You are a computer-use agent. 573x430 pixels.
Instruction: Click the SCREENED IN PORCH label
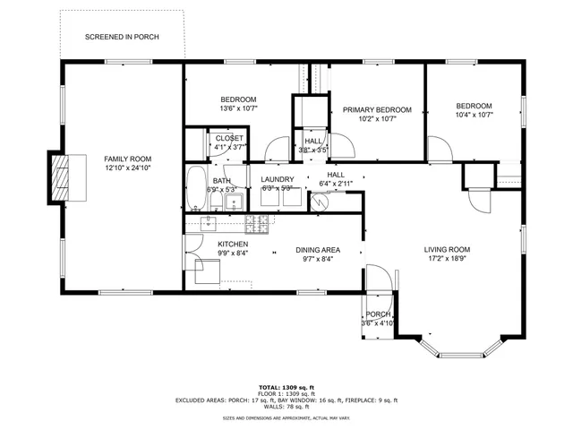tap(122, 38)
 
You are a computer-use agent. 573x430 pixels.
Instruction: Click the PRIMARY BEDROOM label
tap(376, 109)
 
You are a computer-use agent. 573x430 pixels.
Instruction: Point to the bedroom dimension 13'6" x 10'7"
tap(238, 108)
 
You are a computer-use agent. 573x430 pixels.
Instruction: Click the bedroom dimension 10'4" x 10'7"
tap(474, 114)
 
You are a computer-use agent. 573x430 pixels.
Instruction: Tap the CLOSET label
tap(229, 138)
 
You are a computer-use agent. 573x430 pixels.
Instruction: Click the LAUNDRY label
tap(277, 179)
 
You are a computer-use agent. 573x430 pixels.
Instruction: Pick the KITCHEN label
tap(233, 244)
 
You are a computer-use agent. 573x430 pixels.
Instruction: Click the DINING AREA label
tap(318, 250)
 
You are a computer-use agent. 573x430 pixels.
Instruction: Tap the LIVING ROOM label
tap(447, 250)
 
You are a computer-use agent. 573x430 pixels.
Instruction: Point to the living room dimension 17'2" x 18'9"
tap(447, 259)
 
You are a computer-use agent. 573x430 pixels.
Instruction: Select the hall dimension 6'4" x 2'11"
tap(336, 184)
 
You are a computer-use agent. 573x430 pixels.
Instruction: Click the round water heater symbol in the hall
tap(320, 202)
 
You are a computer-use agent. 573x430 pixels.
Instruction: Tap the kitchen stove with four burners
tap(257, 223)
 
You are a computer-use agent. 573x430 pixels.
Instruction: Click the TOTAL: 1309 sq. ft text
tap(286, 387)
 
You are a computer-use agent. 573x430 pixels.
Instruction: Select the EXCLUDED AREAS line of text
tap(286, 400)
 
